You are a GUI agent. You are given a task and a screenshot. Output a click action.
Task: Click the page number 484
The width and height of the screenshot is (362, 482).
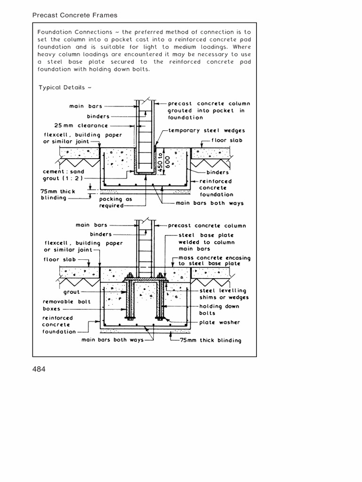[39, 369]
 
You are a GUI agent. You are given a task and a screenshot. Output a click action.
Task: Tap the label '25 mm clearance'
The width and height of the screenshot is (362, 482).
[81, 126]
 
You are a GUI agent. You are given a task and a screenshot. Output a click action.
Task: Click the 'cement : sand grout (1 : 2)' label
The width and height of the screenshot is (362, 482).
[63, 175]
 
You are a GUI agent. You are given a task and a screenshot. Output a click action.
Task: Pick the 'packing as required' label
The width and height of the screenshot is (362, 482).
[111, 202]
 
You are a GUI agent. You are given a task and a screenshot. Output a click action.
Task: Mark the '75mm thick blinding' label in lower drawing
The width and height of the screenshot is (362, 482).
[210, 340]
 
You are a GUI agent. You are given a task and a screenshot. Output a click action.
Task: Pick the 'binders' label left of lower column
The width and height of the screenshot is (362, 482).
[101, 234]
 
